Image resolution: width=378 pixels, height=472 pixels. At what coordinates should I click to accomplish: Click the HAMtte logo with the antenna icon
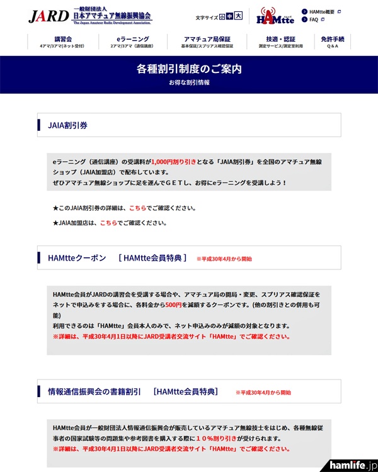(x=275, y=16)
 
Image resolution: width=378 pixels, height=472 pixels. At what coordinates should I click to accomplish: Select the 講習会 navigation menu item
(x=64, y=42)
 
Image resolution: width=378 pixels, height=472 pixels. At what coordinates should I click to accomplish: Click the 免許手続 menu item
(x=332, y=42)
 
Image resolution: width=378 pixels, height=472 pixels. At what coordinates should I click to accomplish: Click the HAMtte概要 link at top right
(x=325, y=11)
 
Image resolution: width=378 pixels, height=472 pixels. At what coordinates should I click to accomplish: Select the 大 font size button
(x=238, y=18)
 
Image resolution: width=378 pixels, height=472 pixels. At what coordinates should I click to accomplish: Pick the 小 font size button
(x=222, y=18)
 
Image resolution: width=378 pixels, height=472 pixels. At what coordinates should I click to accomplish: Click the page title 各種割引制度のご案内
(x=189, y=69)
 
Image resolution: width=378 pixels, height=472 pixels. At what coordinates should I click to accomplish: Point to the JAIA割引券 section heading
(x=68, y=125)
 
